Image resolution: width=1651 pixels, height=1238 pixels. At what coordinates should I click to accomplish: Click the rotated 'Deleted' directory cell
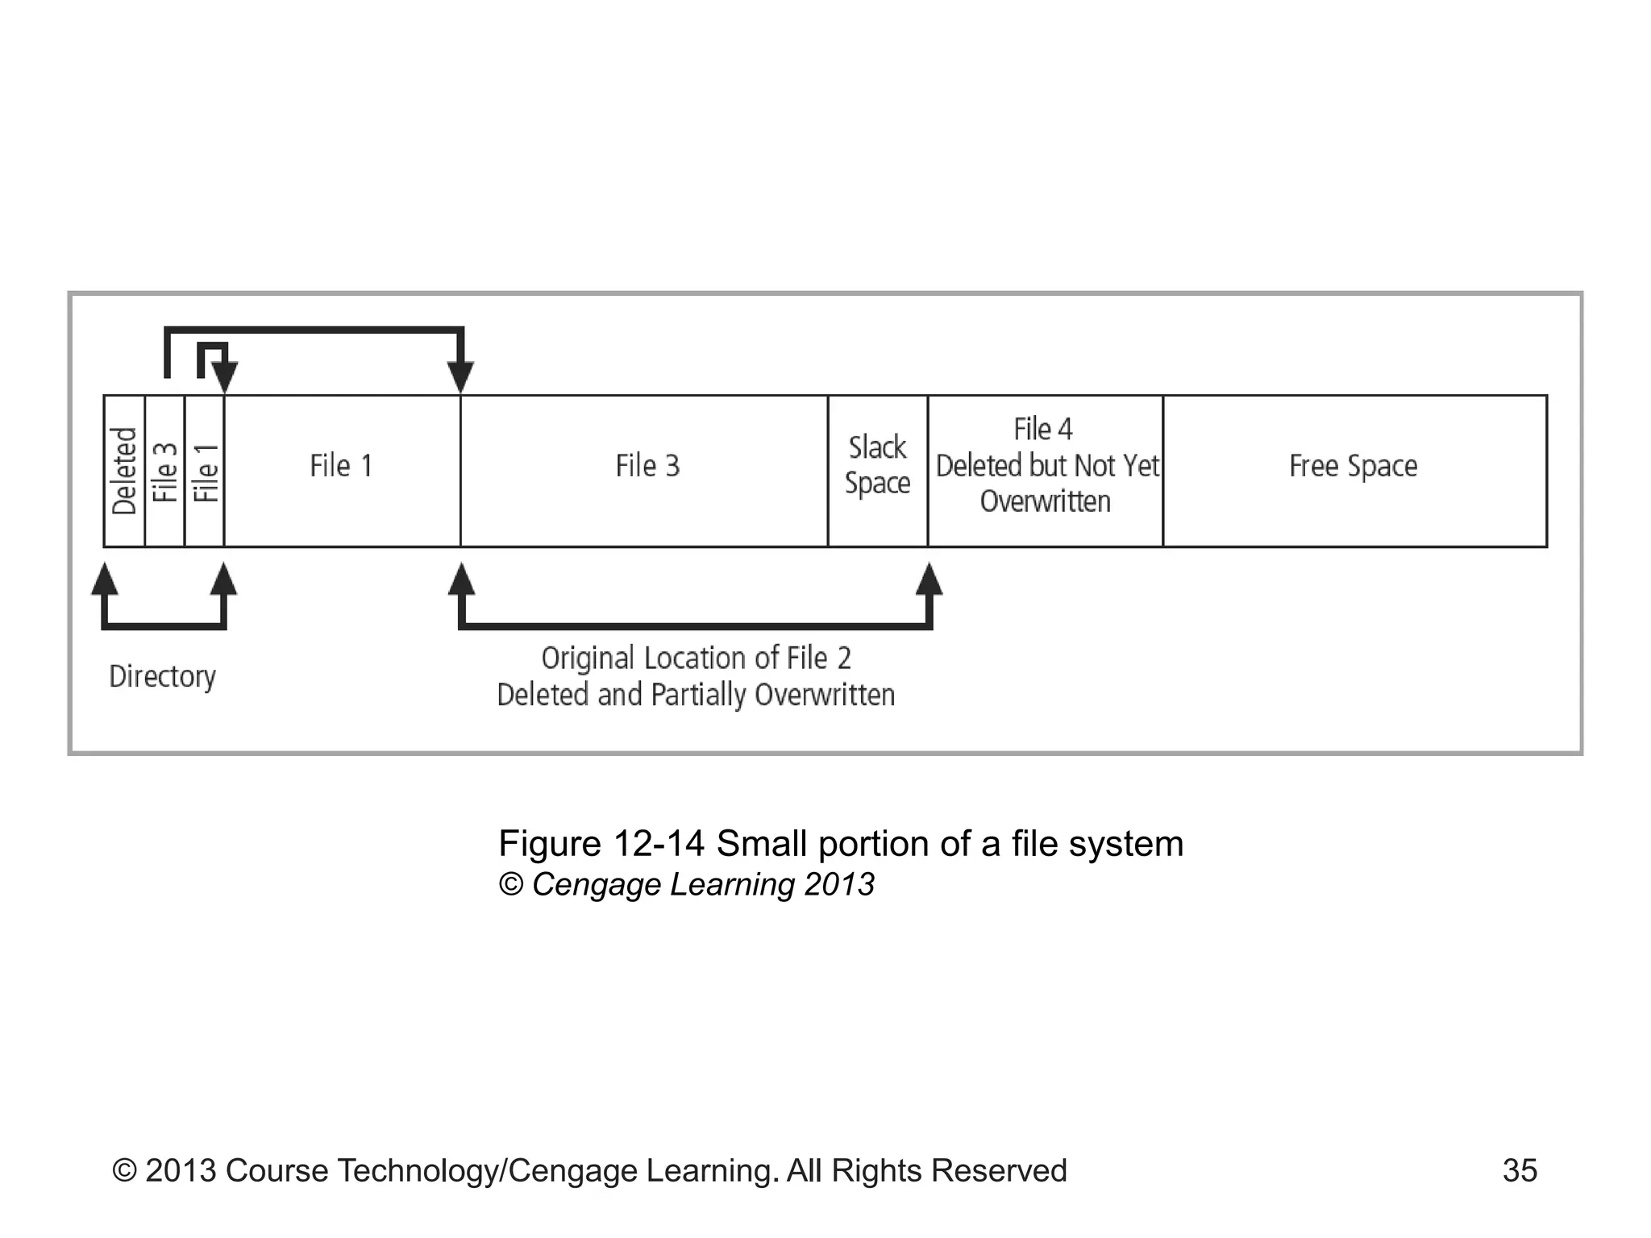124,471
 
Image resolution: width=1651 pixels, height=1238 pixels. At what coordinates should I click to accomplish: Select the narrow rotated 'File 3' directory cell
164,471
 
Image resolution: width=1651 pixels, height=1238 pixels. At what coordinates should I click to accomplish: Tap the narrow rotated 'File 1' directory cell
205,471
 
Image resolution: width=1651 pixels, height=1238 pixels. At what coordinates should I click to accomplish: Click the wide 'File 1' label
341,466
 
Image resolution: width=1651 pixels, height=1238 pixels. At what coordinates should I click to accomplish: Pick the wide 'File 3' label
647,466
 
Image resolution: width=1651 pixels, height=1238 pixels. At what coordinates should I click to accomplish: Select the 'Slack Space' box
877,466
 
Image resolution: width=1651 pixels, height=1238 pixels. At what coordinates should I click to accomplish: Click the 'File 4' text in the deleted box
1042,430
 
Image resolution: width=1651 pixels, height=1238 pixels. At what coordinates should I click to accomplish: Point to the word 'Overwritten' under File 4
1045,501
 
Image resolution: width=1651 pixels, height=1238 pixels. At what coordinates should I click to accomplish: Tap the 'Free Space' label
1353,466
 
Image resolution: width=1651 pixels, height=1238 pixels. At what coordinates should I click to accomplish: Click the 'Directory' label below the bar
162,676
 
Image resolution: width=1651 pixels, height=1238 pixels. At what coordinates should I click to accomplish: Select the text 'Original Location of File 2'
696,658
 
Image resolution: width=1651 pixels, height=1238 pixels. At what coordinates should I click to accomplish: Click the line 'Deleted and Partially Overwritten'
696,695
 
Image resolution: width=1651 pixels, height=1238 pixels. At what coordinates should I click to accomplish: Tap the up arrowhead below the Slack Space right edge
929,579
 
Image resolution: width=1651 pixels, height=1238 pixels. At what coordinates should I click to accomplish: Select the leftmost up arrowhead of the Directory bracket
104,579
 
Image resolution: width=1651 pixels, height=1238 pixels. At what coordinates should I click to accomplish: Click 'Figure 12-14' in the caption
601,844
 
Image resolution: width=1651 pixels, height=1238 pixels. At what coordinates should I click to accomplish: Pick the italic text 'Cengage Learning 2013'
703,885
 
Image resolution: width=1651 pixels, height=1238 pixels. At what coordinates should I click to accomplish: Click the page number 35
1520,1170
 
